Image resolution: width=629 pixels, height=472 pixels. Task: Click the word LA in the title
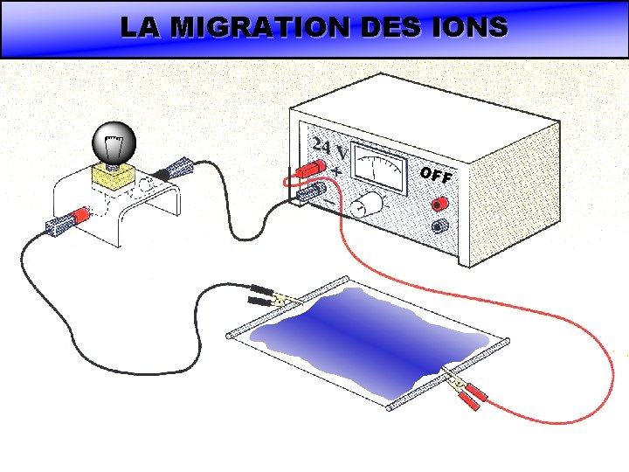pos(142,27)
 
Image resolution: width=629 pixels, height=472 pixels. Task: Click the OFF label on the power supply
pos(435,176)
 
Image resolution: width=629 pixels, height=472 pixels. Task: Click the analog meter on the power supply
pos(379,169)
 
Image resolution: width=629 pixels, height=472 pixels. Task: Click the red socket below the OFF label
pos(439,204)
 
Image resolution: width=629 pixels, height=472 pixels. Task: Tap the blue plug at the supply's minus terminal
pos(313,191)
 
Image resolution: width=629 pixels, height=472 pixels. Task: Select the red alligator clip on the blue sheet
pos(464,392)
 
